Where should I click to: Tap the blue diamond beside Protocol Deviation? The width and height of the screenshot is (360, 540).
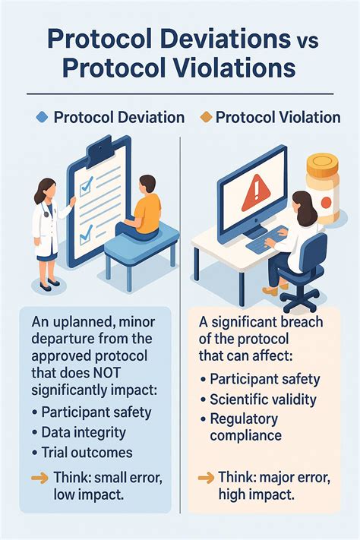43,118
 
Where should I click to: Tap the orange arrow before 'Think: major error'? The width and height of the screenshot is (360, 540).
204,478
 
